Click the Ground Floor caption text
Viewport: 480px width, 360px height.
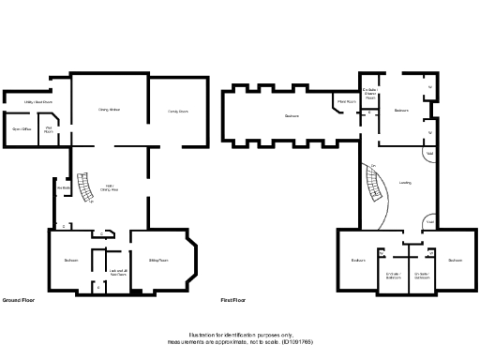tap(19, 300)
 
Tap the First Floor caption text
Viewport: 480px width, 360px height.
tap(234, 300)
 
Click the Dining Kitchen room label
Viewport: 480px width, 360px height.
tap(110, 111)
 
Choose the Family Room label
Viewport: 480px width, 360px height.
tap(178, 111)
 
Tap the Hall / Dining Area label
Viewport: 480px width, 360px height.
tap(110, 187)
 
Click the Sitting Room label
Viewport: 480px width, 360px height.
tap(158, 260)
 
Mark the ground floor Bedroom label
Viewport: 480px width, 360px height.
tap(70, 260)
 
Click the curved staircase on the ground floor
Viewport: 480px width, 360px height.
tap(87, 189)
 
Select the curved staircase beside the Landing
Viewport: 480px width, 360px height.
tap(374, 186)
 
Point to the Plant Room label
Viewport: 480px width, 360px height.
tap(345, 101)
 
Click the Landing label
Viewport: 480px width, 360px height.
tap(404, 183)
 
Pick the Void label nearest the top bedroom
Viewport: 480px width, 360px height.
tap(429, 152)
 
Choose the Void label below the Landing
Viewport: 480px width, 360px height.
tap(429, 220)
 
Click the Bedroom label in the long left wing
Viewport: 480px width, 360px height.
tap(292, 116)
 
